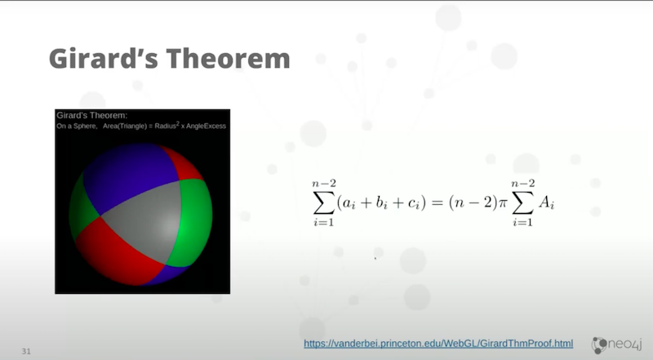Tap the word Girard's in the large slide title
104,58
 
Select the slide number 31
26,351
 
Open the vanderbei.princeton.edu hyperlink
438,344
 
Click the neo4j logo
617,344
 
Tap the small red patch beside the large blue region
183,165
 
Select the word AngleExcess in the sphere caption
206,126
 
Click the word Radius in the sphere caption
166,126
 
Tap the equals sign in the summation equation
437,202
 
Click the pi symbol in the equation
503,203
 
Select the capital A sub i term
546,203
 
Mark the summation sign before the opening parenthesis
323,203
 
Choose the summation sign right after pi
522,203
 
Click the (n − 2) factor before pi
473,203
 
